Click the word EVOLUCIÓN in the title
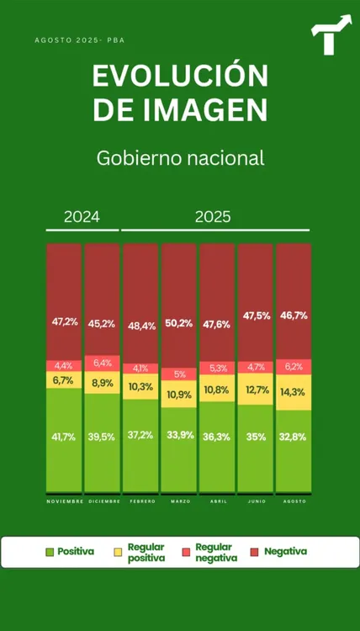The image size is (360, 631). click(180, 77)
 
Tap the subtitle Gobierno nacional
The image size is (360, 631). click(180, 157)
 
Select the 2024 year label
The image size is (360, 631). click(82, 216)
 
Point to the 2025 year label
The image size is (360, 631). click(213, 216)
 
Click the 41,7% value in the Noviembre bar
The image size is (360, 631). click(64, 437)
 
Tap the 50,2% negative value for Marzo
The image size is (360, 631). click(179, 323)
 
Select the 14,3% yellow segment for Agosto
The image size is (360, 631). click(294, 392)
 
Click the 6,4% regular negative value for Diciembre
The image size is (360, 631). click(102, 363)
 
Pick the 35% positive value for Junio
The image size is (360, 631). click(256, 437)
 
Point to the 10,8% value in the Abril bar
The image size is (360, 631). click(217, 390)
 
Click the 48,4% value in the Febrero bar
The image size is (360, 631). click(140, 326)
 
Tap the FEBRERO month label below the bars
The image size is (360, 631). click(140, 501)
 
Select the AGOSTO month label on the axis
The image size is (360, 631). click(294, 501)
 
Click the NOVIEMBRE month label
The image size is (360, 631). click(64, 501)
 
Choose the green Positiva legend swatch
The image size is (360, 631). click(50, 552)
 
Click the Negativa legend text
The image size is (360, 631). click(285, 552)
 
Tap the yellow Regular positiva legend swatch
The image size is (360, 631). click(119, 552)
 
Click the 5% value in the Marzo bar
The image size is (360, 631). click(179, 374)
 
